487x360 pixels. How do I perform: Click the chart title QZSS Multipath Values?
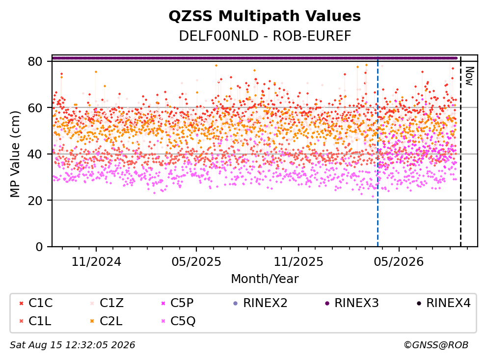(x=265, y=16)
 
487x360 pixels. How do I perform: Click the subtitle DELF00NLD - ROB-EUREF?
(x=265, y=36)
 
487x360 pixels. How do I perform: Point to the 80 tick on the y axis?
(x=35, y=61)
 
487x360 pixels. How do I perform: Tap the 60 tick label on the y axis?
(x=35, y=108)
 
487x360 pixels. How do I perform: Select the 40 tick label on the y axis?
(x=35, y=154)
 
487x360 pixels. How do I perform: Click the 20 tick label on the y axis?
(x=35, y=200)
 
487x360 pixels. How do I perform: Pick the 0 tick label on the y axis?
(x=39, y=247)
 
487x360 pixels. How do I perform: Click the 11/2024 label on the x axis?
(x=96, y=261)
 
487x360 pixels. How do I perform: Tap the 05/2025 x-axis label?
(x=196, y=261)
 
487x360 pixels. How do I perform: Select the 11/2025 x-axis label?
(x=298, y=261)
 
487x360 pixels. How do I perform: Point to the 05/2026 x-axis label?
(x=399, y=261)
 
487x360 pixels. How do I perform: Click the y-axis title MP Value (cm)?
(x=15, y=154)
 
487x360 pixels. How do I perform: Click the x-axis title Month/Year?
(x=265, y=279)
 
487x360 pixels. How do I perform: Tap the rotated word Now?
(x=469, y=76)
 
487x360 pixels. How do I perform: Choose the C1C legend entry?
(x=36, y=303)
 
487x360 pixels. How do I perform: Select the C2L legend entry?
(x=106, y=321)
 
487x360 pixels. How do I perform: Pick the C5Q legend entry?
(x=178, y=321)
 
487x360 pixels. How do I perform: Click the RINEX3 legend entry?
(x=352, y=303)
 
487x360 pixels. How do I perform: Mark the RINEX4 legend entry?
(x=443, y=303)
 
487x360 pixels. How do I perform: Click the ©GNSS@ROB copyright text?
(x=436, y=345)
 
